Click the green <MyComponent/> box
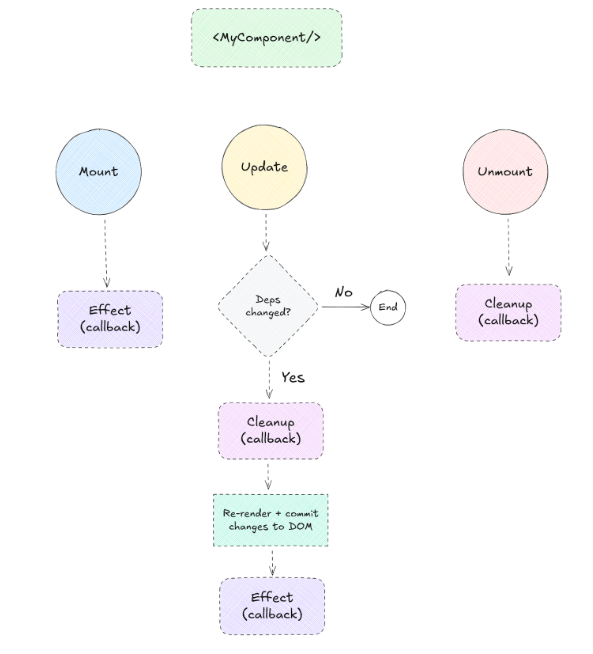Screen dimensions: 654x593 [266, 38]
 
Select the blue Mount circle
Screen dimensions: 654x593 [99, 171]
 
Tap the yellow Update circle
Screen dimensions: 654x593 [265, 167]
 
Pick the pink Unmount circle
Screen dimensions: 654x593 [506, 171]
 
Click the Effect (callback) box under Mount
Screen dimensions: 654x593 [109, 318]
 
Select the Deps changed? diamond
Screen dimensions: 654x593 [267, 306]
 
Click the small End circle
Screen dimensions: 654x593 [388, 307]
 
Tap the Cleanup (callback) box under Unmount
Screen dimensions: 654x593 [508, 312]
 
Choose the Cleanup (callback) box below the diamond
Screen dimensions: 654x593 [270, 430]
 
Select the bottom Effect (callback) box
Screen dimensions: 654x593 [271, 605]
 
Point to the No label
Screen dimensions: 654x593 [343, 292]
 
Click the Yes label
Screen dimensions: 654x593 [292, 377]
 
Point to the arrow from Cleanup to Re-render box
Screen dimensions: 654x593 [269, 474]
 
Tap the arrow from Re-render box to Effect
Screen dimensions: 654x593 [271, 561]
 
